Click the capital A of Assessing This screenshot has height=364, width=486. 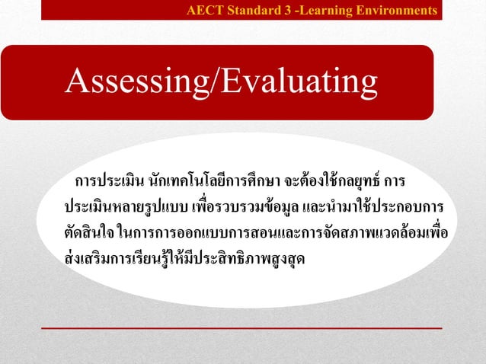[77, 82]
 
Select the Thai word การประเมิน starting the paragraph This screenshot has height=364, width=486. [110, 183]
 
